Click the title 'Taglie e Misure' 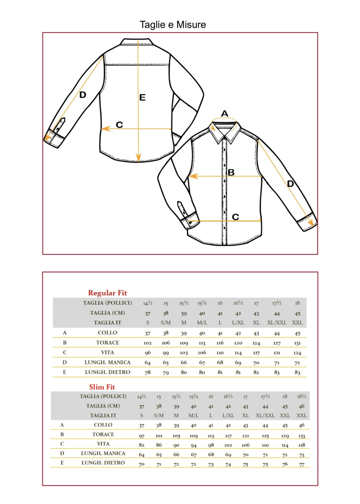(173, 25)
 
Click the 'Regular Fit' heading (107, 293)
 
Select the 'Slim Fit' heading (102, 387)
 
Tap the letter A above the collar (225, 114)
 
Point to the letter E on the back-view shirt (143, 97)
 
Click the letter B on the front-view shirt (231, 172)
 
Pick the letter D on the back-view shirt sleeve (83, 95)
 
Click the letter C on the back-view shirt (120, 125)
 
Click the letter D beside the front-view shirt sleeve (291, 184)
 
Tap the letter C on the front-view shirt (235, 217)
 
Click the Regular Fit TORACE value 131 (297, 343)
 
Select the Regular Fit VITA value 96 (148, 353)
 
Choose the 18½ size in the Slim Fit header (301, 396)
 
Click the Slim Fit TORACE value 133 (302, 436)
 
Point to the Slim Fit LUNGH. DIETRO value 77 (302, 464)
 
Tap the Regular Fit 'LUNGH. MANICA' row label (107, 363)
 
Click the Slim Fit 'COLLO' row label (103, 425)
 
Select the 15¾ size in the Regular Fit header (202, 303)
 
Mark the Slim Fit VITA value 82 (141, 445)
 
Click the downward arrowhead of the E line (139, 158)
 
